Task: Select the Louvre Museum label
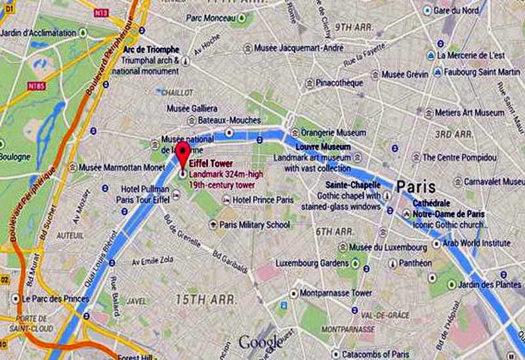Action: (323, 148)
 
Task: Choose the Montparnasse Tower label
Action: (336, 292)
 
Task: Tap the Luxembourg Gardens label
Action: (312, 263)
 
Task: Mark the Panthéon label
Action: (415, 263)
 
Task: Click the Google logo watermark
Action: (260, 342)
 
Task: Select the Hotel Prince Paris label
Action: (263, 199)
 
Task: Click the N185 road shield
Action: (35, 85)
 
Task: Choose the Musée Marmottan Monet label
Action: (121, 167)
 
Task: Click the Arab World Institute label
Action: (476, 243)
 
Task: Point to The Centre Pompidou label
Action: (458, 157)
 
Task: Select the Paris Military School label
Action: (255, 225)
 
